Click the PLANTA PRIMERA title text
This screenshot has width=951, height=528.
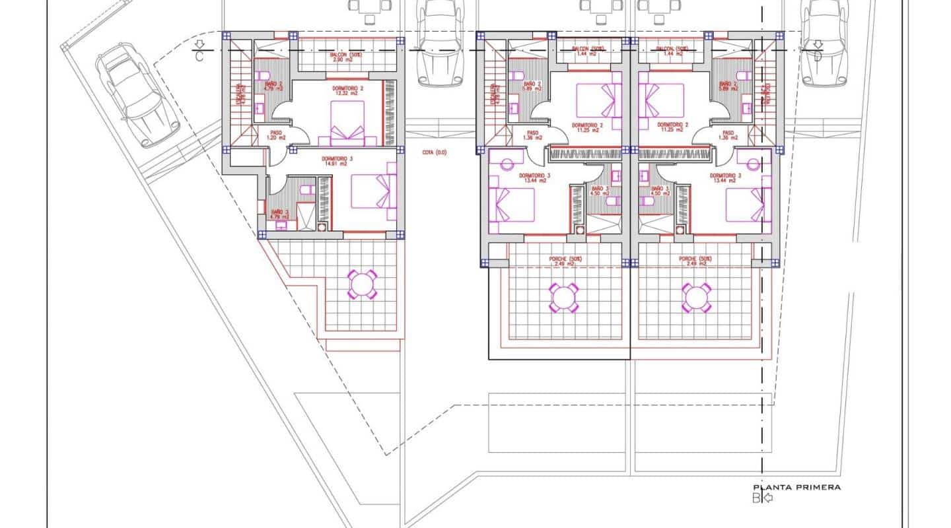800,487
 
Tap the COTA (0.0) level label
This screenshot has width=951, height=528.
435,152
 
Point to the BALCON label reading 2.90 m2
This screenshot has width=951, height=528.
328,56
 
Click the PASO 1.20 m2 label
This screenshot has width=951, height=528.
276,135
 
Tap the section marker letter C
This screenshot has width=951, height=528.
199,57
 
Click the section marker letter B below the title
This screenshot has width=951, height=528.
756,498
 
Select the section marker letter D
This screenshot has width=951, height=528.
818,56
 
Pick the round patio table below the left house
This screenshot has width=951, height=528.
361,284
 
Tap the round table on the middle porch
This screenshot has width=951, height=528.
563,298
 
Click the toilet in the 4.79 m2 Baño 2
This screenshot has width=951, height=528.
262,75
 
